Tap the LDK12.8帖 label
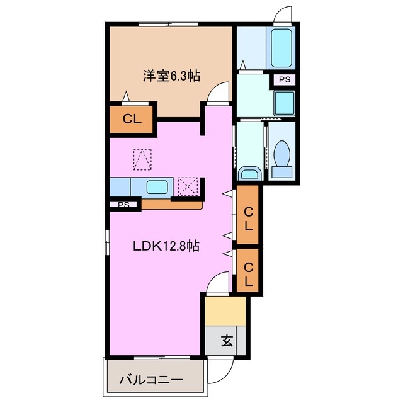coord(166,246)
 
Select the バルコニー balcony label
coord(151,380)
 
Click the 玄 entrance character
coord(226,342)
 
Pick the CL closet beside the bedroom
coord(131,118)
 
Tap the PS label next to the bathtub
coord(285,80)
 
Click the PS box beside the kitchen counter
coord(123,204)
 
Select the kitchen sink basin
coord(157,186)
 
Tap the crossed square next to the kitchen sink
coord(188,186)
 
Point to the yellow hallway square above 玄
coord(225,310)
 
